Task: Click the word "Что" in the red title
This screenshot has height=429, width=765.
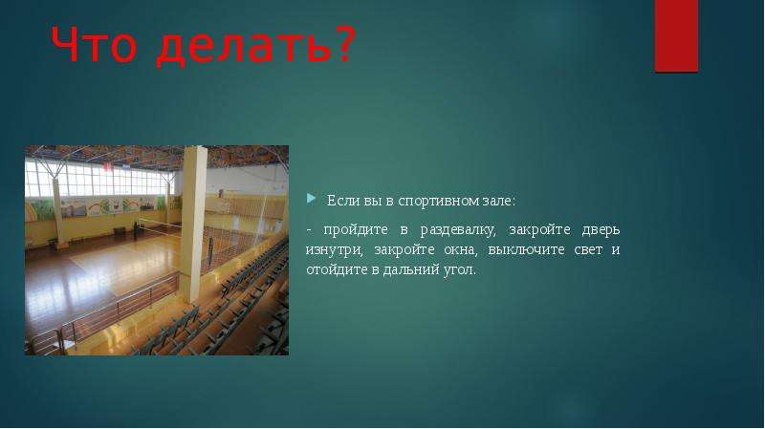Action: [94, 44]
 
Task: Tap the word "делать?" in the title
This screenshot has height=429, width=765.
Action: [256, 46]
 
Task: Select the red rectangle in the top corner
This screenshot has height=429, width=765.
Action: [676, 36]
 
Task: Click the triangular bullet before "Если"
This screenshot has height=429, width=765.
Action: [312, 198]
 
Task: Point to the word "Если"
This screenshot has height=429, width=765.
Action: [343, 201]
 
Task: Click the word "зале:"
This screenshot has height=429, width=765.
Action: [498, 202]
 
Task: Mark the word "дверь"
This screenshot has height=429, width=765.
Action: [601, 230]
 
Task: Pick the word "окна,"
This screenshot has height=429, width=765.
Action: [459, 250]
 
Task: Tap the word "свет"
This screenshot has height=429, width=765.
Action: [588, 250]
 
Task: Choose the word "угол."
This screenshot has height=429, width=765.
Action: [459, 270]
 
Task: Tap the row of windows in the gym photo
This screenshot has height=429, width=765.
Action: [98, 180]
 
